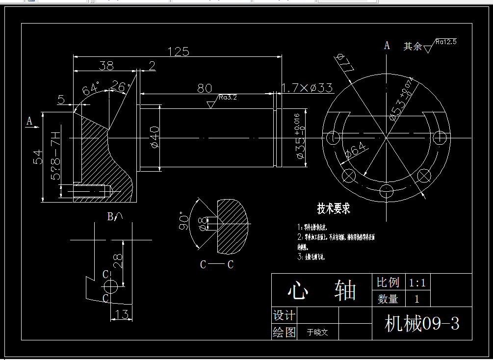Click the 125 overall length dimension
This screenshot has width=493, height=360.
pyautogui.click(x=178, y=51)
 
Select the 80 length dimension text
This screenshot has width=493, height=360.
pyautogui.click(x=205, y=88)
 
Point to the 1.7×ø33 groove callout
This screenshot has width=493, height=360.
pyautogui.click(x=308, y=88)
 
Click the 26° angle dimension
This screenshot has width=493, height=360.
pyautogui.click(x=121, y=87)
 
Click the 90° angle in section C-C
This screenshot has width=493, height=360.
pyautogui.click(x=184, y=221)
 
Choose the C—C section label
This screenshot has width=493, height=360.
pyautogui.click(x=216, y=265)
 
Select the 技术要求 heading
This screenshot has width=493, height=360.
pyautogui.click(x=334, y=208)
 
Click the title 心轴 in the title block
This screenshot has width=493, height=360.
pyautogui.click(x=321, y=291)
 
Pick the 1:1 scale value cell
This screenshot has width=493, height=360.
pyautogui.click(x=417, y=283)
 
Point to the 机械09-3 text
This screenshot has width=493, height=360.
pyautogui.click(x=422, y=324)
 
